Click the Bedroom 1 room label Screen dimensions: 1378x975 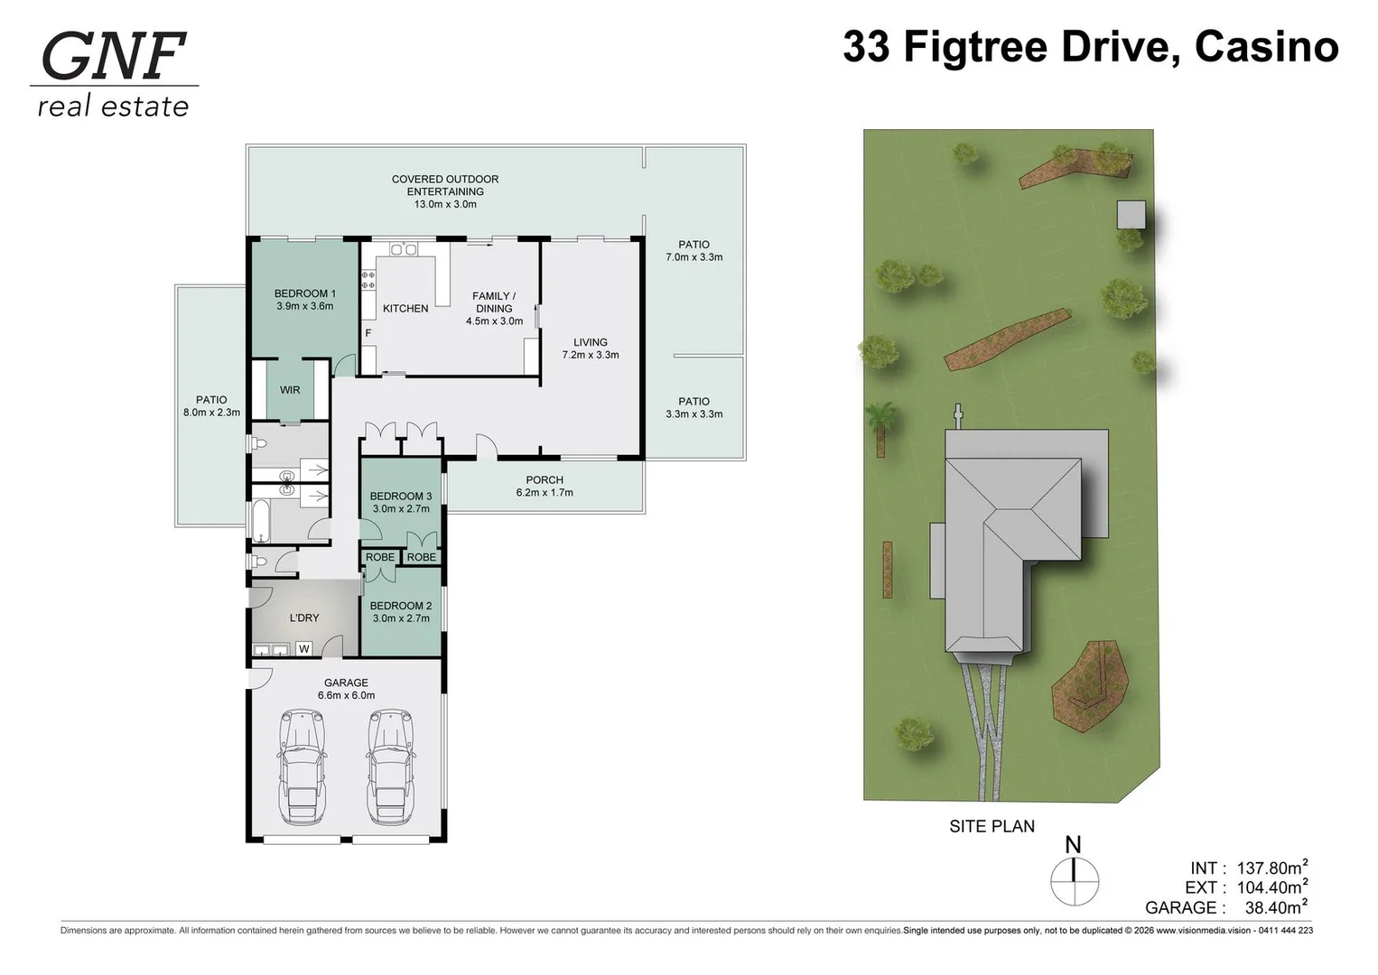(x=305, y=300)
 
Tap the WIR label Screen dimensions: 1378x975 (x=290, y=389)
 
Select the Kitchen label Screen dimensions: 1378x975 (x=405, y=308)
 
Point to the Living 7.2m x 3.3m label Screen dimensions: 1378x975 (x=591, y=348)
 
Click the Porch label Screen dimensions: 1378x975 (x=545, y=486)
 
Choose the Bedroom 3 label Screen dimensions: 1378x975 (x=401, y=502)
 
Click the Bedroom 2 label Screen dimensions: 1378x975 (x=401, y=611)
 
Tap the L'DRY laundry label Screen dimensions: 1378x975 (x=304, y=617)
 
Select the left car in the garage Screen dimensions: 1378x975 (x=302, y=766)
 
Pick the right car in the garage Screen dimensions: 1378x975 (x=389, y=766)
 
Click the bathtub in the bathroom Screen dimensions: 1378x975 (x=261, y=521)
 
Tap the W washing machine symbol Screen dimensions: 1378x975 (x=304, y=648)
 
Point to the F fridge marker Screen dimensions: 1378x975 (x=368, y=333)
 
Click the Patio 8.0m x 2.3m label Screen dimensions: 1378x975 (x=211, y=406)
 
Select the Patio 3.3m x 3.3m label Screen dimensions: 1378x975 (x=694, y=407)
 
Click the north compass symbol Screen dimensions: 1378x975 (x=1074, y=875)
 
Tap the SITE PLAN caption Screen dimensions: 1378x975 (x=992, y=826)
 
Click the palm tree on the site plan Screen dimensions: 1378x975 (x=881, y=428)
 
